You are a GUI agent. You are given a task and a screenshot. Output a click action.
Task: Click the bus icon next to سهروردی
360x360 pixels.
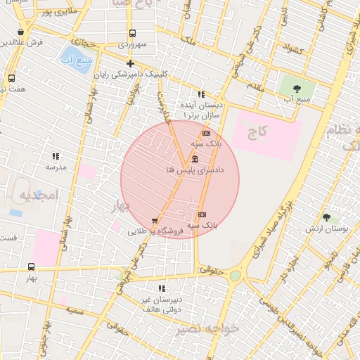pyautogui.click(x=131, y=33)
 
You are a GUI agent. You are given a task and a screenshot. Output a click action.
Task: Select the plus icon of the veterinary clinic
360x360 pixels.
pyautogui.click(x=130, y=64)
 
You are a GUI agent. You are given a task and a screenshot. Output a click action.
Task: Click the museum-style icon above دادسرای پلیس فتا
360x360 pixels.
pyautogui.click(x=195, y=159)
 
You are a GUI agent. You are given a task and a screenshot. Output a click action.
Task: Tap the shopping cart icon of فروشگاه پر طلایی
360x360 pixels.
pyautogui.click(x=154, y=221)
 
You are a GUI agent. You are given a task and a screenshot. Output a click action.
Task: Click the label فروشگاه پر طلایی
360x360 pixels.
pyautogui.click(x=156, y=230)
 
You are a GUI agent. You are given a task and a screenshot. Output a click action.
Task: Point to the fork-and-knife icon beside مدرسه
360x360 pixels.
pyautogui.click(x=56, y=156)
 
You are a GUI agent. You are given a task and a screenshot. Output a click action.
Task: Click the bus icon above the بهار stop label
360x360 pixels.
pyautogui.click(x=30, y=267)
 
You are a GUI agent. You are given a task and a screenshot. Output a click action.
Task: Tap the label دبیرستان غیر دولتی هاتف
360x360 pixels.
pyautogui.click(x=162, y=304)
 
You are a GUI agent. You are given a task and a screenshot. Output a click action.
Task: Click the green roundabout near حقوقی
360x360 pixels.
pyautogui.click(x=236, y=276)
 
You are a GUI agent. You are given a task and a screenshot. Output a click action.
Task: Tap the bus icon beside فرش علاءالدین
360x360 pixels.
pyautogui.click(x=24, y=31)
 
